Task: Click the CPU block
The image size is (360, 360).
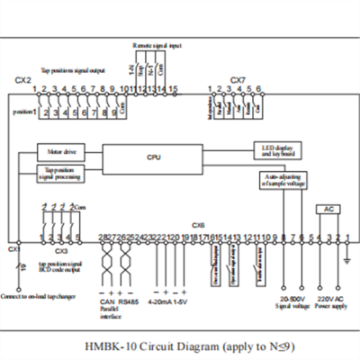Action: click(153, 157)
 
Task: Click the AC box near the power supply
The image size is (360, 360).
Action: click(328, 209)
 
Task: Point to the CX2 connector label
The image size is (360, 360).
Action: click(24, 80)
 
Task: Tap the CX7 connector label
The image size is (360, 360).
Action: click(238, 80)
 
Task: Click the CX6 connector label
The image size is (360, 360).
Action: click(199, 226)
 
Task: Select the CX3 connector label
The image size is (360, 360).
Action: click(61, 252)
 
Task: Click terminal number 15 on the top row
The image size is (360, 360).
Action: click(174, 89)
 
